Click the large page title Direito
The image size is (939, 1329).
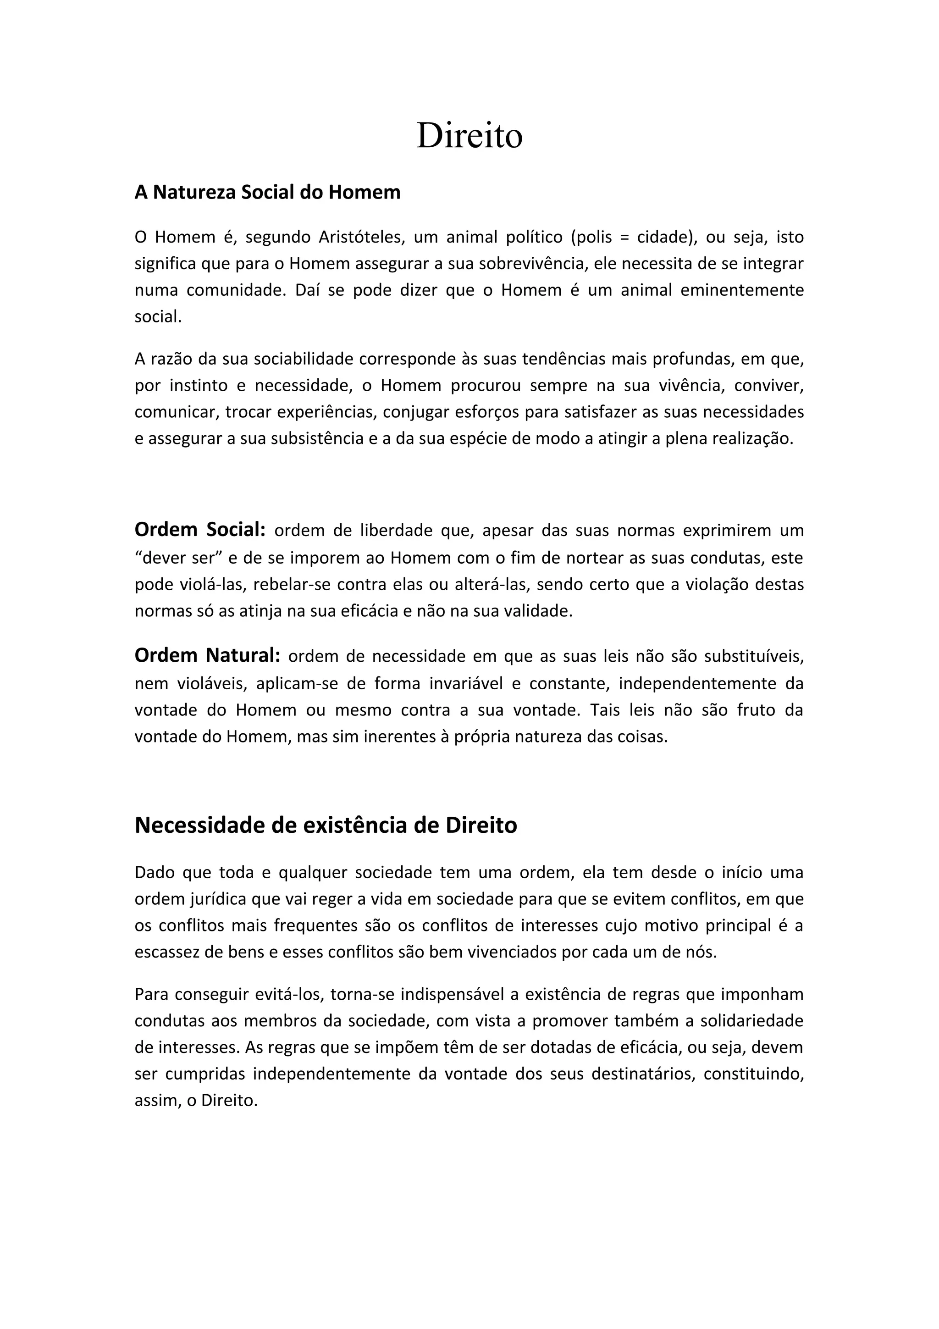469,136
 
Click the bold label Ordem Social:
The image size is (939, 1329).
199,530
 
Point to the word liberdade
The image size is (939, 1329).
396,531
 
